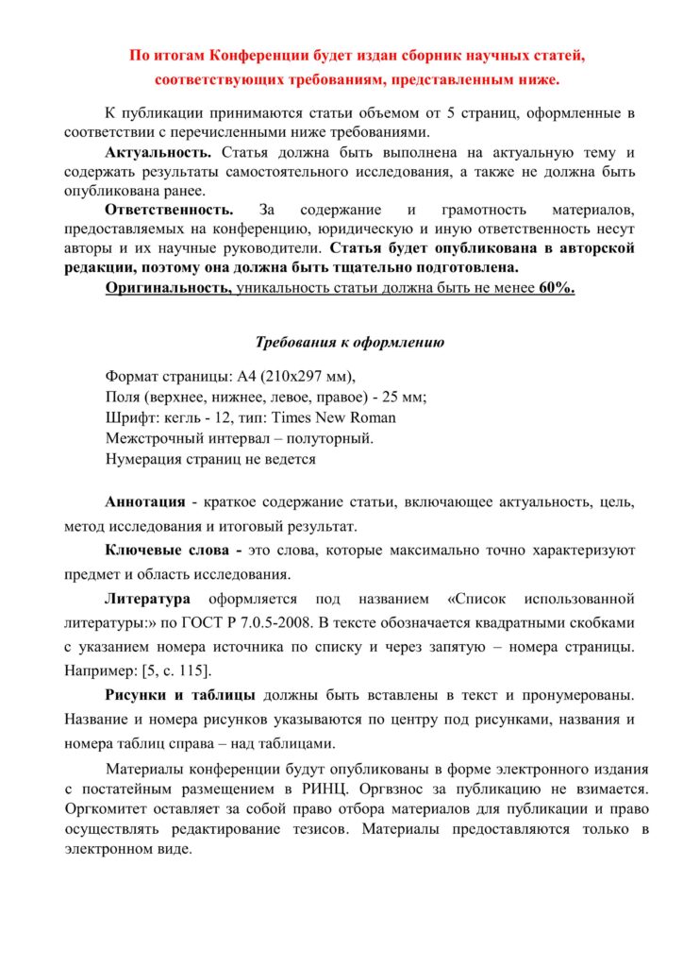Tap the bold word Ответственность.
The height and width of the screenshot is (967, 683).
[169, 210]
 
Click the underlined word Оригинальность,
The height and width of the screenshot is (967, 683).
[169, 288]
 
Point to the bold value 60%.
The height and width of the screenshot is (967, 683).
[557, 288]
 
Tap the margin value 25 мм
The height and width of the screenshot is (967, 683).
[400, 397]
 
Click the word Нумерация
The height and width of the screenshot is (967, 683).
[142, 459]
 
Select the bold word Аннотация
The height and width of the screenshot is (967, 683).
[145, 500]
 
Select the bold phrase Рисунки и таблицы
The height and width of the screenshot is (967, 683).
[179, 696]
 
